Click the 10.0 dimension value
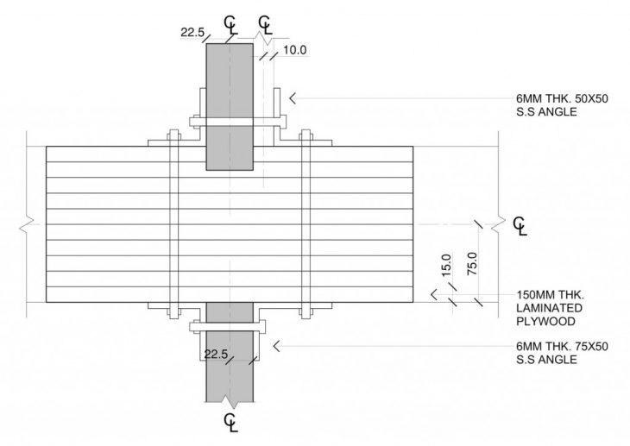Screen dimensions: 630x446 pyautogui.click(x=294, y=50)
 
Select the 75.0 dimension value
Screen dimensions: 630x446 pyautogui.click(x=473, y=264)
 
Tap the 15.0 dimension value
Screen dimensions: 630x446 pyautogui.click(x=446, y=265)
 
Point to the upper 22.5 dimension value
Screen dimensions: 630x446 pyautogui.click(x=192, y=33)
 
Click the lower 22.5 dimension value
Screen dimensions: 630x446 pyautogui.click(x=216, y=355)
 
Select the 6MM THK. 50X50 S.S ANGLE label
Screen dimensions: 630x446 pyautogui.click(x=562, y=105)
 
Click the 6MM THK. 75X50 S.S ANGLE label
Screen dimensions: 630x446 pyautogui.click(x=562, y=352)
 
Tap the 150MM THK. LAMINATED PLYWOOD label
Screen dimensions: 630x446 pyautogui.click(x=550, y=308)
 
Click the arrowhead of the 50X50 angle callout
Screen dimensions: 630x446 pyautogui.click(x=293, y=98)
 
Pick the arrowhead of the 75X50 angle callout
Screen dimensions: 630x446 pyautogui.click(x=275, y=346)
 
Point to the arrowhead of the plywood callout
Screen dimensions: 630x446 pyautogui.click(x=433, y=294)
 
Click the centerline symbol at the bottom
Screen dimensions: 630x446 pyautogui.click(x=231, y=423)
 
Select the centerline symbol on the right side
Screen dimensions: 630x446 pyautogui.click(x=520, y=226)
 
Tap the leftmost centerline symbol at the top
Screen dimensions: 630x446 pyautogui.click(x=230, y=25)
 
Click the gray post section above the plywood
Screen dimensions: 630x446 pyautogui.click(x=230, y=107)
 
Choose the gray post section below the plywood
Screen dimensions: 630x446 pyautogui.click(x=230, y=352)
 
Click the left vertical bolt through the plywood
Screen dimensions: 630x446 pyautogui.click(x=174, y=224)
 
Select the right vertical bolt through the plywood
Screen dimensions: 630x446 pyautogui.click(x=306, y=224)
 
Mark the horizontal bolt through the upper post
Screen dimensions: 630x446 pyautogui.click(x=238, y=122)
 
